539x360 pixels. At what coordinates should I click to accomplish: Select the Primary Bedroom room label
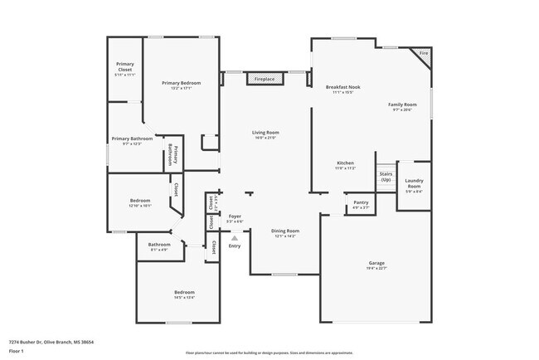(181, 83)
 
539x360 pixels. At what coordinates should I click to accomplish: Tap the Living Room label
(265, 133)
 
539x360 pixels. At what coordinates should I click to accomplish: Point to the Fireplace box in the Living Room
(265, 79)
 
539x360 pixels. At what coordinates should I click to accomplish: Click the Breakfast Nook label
(342, 87)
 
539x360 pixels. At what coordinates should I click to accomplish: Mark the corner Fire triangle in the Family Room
(424, 53)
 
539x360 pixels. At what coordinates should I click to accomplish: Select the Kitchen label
(346, 163)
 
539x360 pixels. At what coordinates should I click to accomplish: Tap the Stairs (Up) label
(386, 177)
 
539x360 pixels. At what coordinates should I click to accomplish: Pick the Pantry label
(361, 202)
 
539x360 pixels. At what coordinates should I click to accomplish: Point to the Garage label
(377, 263)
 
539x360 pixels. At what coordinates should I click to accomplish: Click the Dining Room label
(285, 231)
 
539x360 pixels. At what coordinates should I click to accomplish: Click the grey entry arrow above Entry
(235, 238)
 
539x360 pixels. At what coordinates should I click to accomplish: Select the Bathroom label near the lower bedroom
(159, 245)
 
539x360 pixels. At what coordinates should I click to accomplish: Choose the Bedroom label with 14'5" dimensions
(184, 292)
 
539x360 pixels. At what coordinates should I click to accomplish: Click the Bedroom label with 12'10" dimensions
(139, 200)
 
